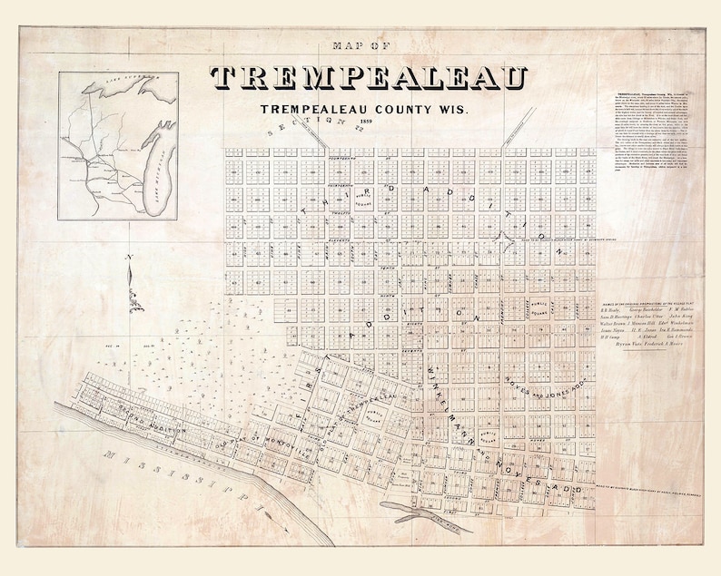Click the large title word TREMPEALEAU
(x=369, y=80)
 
